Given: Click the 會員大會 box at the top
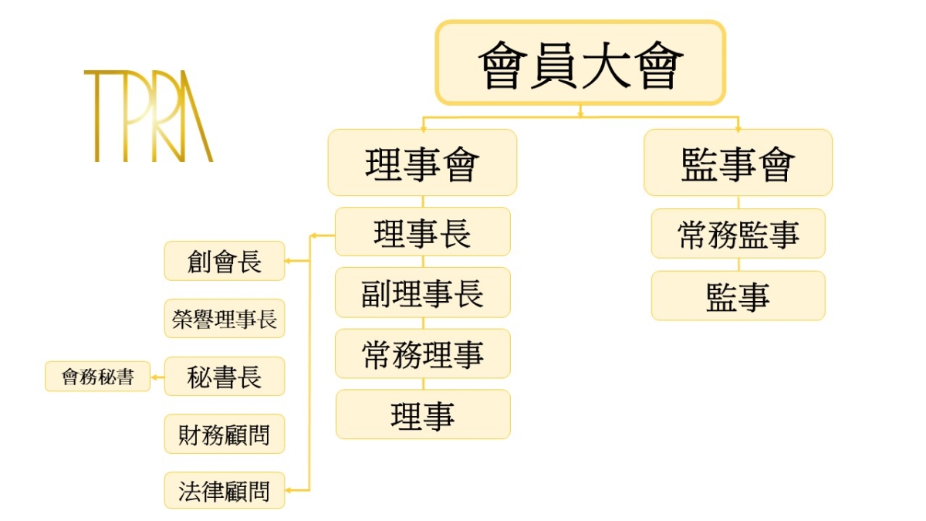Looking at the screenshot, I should point(580,63).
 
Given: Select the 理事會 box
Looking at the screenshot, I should point(422,162).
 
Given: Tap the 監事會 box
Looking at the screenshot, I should point(738,162).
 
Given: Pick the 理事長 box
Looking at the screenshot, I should point(422,232).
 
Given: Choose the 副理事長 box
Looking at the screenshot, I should point(422,293).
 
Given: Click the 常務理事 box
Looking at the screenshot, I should point(422,354).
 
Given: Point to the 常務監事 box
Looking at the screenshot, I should point(738,233).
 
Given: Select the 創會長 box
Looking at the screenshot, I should point(225,261).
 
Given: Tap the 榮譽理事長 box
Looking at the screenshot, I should point(225,318).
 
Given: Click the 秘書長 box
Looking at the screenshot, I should point(225,377).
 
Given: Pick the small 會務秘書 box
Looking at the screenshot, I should point(97,377).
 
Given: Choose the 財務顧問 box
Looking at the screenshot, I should point(225,434).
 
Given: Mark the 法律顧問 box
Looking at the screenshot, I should point(225,491).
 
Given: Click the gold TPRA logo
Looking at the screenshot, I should point(148,116).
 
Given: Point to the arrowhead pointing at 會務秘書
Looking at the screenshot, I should point(154,377).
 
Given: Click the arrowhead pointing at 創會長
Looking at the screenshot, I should point(289,261).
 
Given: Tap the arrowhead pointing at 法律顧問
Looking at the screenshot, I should point(289,490).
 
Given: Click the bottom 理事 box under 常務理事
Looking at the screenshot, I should point(422,414).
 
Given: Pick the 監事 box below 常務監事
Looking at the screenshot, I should point(738,296).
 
